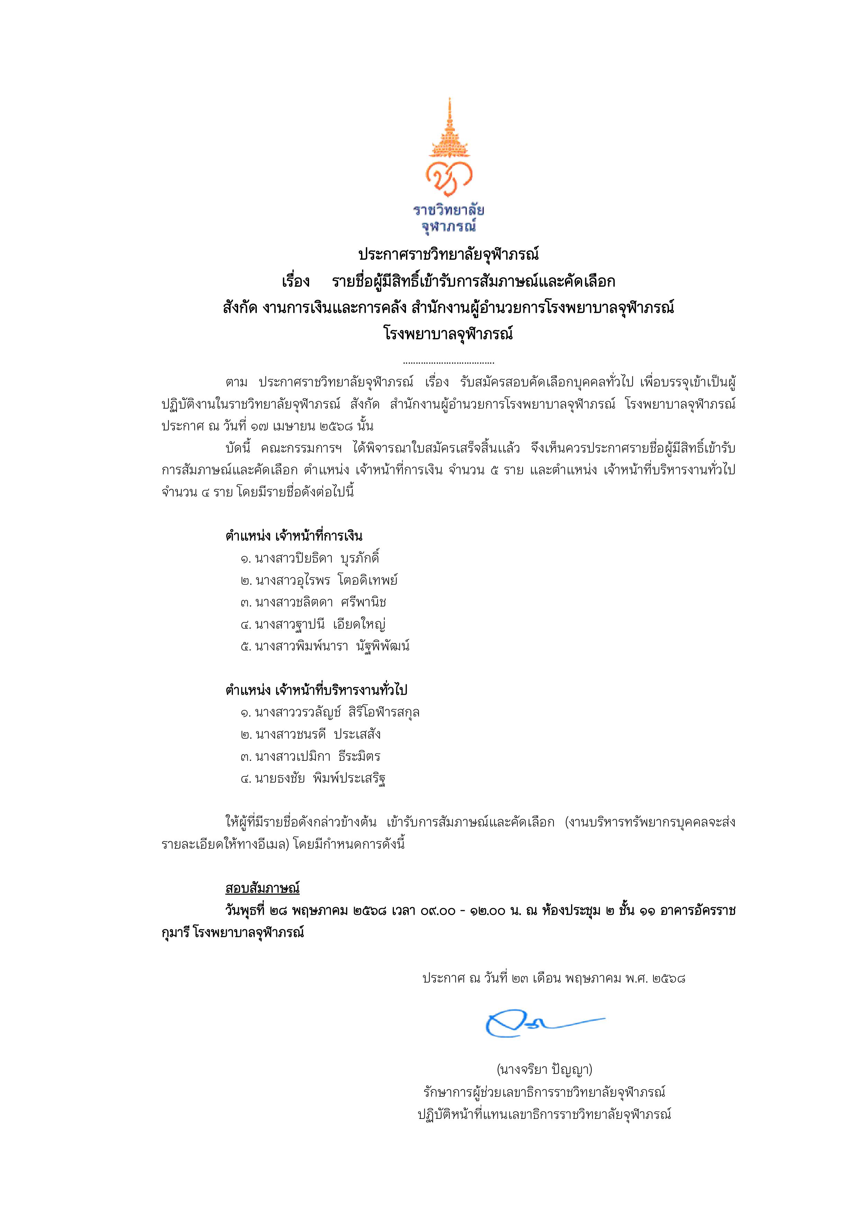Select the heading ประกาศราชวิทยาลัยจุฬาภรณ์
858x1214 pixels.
[448, 255]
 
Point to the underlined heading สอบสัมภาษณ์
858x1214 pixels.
[262, 888]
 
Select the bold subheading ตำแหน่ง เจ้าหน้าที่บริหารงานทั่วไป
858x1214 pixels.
[316, 690]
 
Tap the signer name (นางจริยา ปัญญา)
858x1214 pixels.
[544, 1070]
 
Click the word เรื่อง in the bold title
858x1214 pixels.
[296, 281]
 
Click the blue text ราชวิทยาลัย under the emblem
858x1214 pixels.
[449, 210]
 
